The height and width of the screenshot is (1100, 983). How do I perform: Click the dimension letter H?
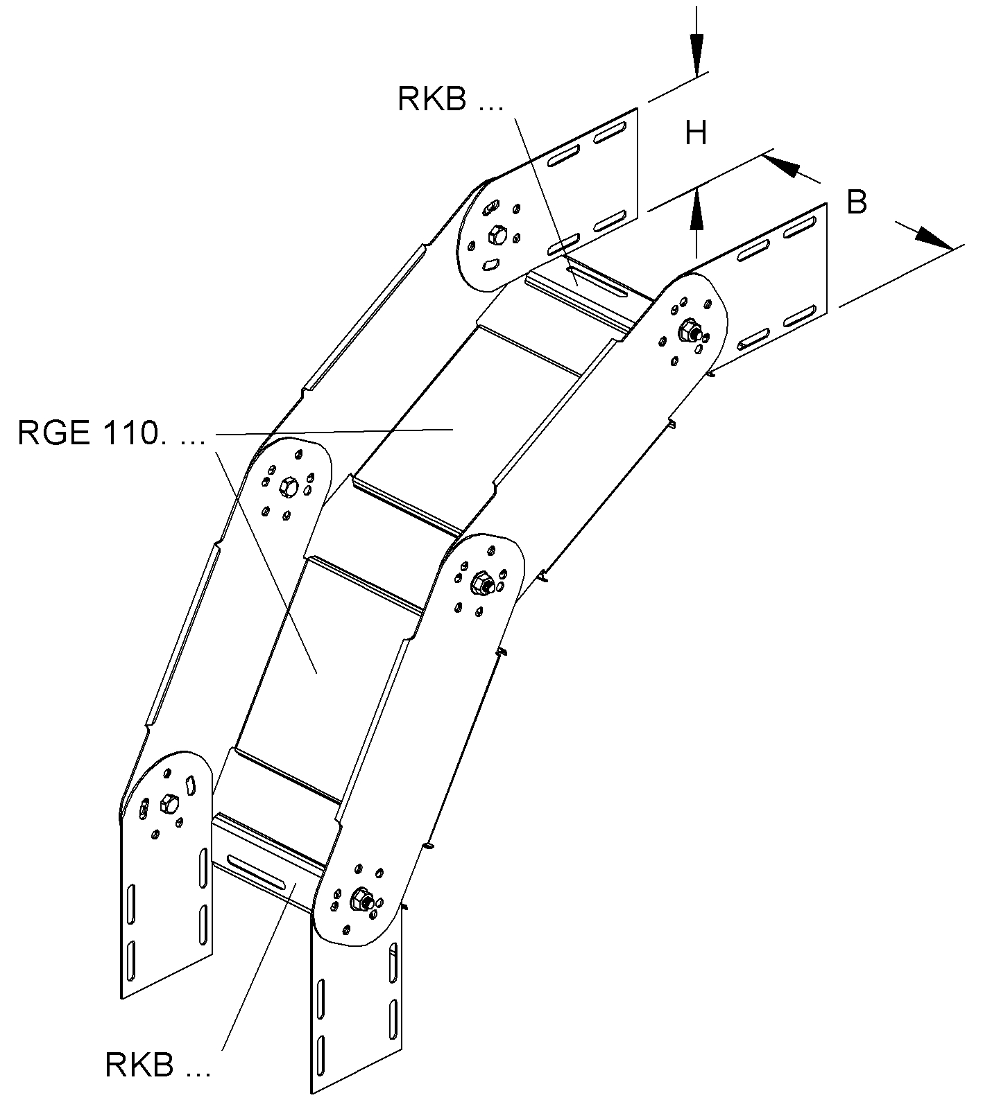[696, 132]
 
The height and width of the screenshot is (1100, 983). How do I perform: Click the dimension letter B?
[857, 202]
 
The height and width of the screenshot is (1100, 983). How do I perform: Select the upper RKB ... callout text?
[450, 98]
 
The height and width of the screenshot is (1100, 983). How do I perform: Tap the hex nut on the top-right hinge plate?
[690, 330]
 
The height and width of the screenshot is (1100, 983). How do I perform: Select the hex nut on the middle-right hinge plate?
[480, 584]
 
